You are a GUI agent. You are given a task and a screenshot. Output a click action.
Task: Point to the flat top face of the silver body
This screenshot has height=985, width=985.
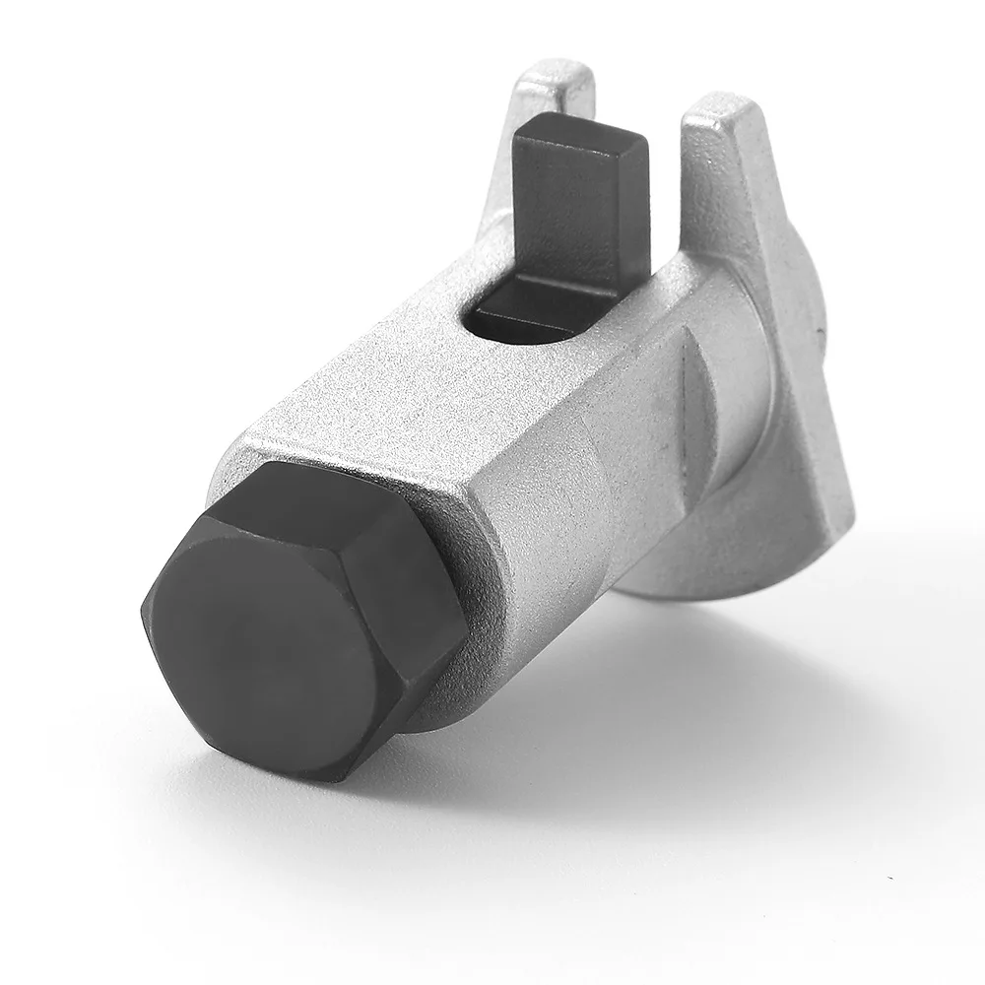point(394,394)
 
